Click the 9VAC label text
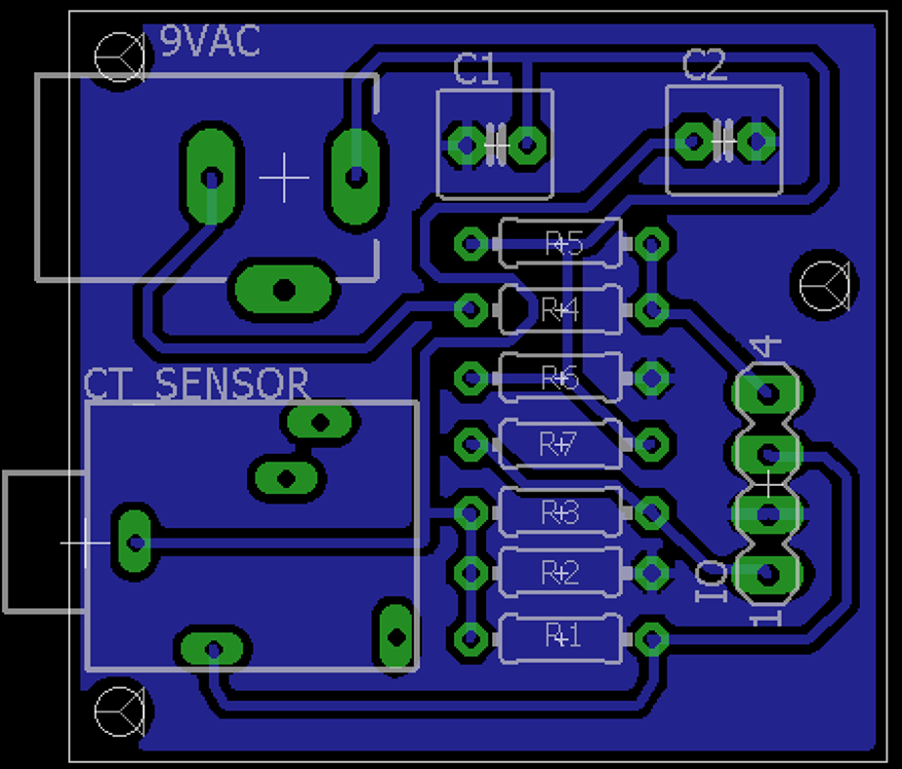(210, 42)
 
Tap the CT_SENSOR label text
(196, 384)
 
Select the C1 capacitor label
(475, 70)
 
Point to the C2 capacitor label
(704, 67)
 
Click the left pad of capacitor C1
(466, 145)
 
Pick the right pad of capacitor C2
(755, 141)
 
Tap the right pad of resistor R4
(650, 311)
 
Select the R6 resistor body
(559, 377)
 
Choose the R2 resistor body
(559, 573)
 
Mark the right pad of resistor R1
(650, 639)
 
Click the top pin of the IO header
(767, 393)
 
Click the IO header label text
(711, 582)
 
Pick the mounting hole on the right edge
(825, 284)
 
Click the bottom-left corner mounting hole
(120, 710)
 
